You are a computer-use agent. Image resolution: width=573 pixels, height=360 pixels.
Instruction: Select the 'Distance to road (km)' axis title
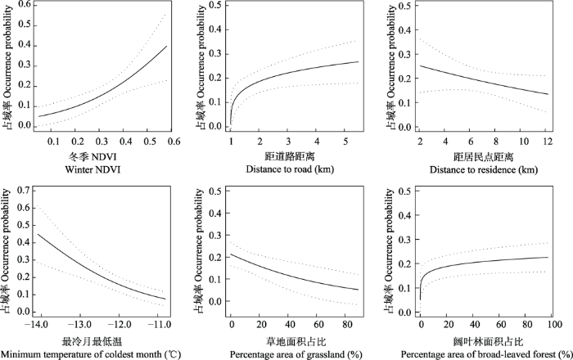click(290, 169)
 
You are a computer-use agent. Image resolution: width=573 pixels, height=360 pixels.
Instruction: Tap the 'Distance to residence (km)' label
click(478, 169)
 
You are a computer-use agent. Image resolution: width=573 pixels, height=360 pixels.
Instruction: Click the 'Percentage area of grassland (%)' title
click(291, 353)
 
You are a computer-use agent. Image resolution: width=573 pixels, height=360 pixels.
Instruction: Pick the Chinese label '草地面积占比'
click(291, 340)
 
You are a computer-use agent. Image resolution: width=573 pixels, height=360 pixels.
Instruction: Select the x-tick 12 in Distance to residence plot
click(546, 142)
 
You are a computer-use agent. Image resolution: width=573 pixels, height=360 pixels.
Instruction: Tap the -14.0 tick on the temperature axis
click(36, 326)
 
